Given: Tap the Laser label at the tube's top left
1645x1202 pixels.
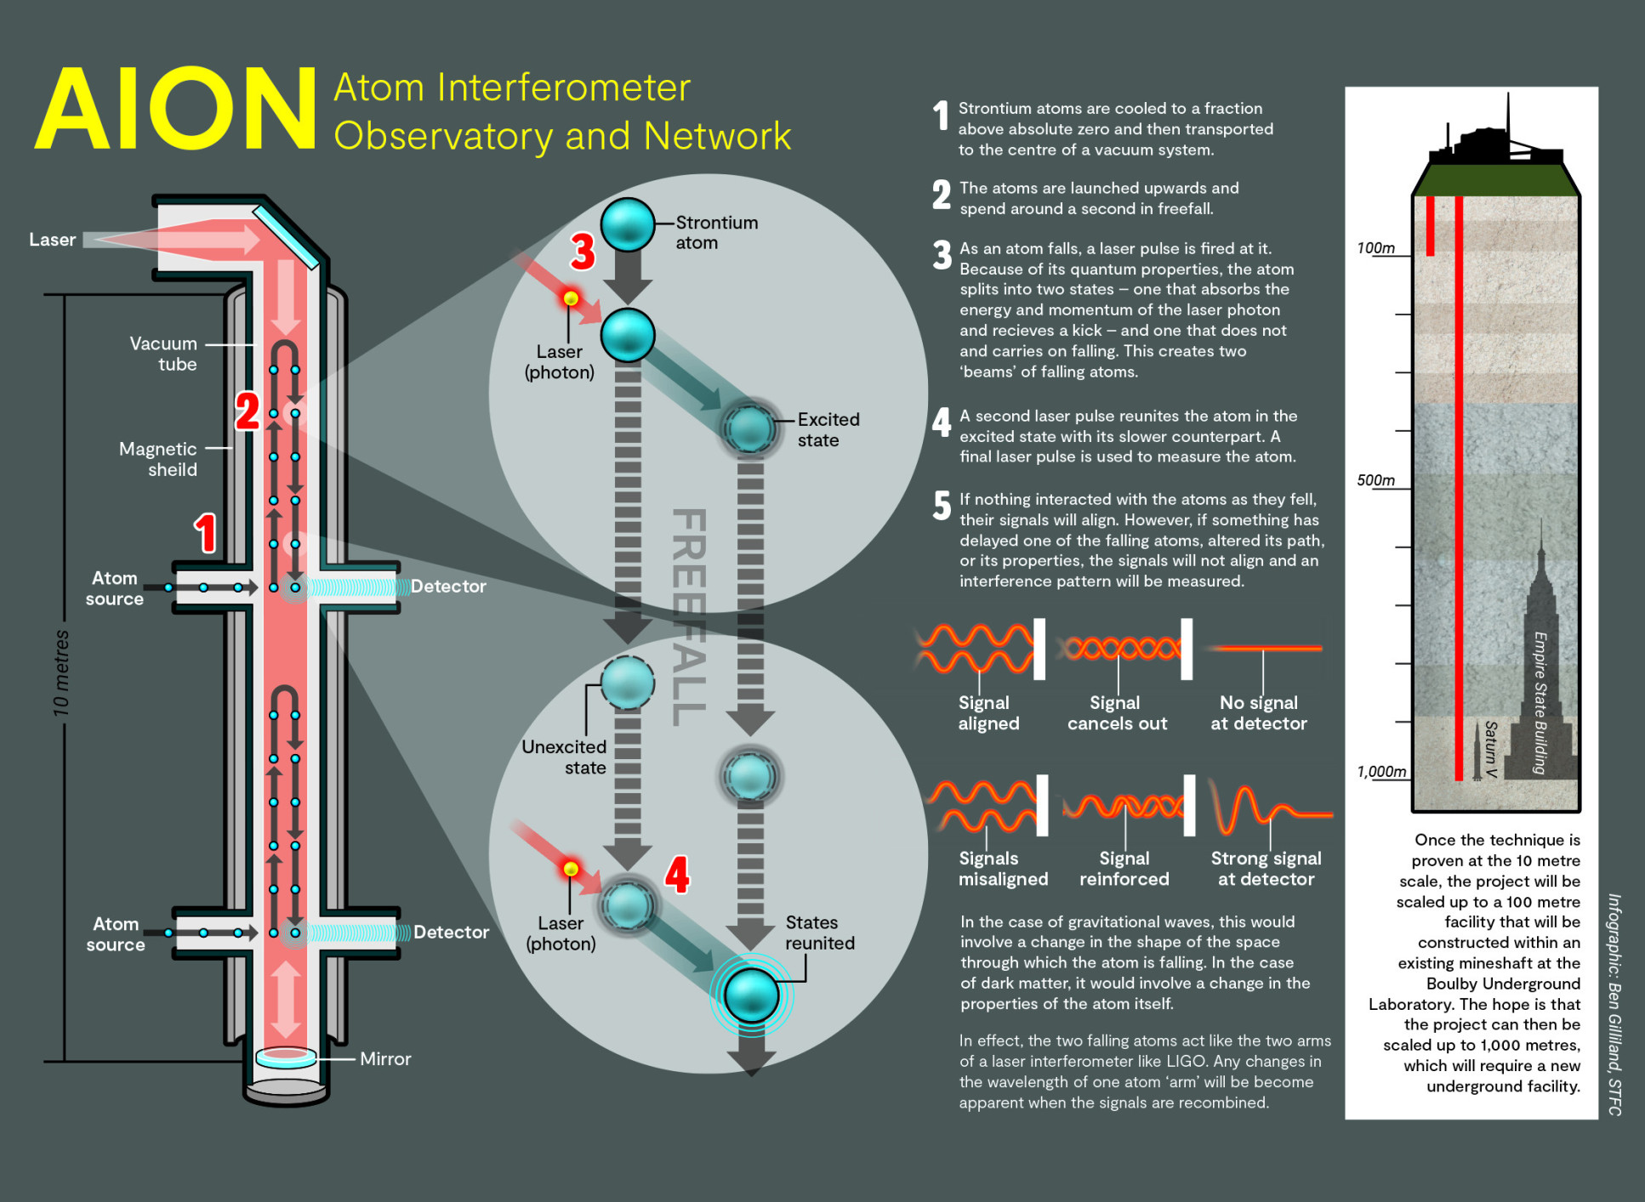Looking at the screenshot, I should tap(52, 240).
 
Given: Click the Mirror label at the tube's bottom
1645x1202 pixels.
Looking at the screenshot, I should tap(385, 1058).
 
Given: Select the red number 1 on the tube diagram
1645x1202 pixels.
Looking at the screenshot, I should tap(205, 533).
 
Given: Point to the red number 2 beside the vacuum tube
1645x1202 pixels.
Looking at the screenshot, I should tap(247, 411).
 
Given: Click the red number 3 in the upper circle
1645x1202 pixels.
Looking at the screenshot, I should tap(583, 251).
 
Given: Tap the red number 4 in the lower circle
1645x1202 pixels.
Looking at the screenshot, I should tap(677, 874).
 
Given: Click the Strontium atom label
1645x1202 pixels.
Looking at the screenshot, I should tap(716, 232).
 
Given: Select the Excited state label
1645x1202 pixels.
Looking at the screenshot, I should tap(828, 429).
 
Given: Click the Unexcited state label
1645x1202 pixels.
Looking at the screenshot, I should tap(564, 757).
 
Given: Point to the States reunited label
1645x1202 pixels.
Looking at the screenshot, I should tap(819, 933).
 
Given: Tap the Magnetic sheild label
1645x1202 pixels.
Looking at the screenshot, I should tap(158, 459).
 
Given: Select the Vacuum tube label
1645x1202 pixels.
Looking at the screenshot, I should tap(163, 354).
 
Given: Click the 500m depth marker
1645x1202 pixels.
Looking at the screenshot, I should tap(1375, 480).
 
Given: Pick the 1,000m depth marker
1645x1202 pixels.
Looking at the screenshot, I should tap(1380, 772).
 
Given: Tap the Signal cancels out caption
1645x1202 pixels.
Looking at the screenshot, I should tap(1117, 713).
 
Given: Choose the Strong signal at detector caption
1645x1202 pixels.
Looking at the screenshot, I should tap(1266, 869).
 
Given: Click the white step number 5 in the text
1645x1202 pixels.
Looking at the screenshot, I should tap(942, 505).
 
